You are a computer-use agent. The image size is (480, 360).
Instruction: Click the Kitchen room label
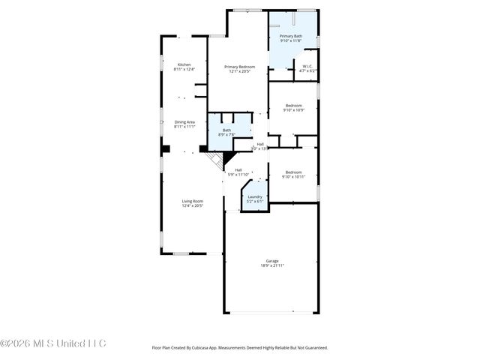tap(184, 64)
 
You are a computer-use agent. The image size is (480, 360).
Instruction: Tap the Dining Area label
tap(184, 122)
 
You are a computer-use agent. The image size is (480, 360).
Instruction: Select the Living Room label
tap(192, 200)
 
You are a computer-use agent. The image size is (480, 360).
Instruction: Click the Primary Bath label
tap(290, 36)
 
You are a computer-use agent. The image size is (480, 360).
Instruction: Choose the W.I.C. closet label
tap(307, 66)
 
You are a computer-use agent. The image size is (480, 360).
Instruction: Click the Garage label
tap(271, 261)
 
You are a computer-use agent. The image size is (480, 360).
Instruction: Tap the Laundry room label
tap(255, 196)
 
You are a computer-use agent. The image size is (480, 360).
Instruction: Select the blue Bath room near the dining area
tap(226, 130)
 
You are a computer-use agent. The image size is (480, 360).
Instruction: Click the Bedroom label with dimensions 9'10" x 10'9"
tap(293, 106)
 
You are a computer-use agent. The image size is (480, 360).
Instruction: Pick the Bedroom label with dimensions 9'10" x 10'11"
tap(293, 172)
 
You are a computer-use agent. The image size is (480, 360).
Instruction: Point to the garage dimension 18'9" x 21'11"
tap(271, 265)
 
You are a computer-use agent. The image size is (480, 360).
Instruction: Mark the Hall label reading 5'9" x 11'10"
tap(238, 170)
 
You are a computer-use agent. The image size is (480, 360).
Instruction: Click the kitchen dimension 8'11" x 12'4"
tap(184, 69)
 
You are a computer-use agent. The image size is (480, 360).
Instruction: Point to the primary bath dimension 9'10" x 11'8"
tap(290, 40)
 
